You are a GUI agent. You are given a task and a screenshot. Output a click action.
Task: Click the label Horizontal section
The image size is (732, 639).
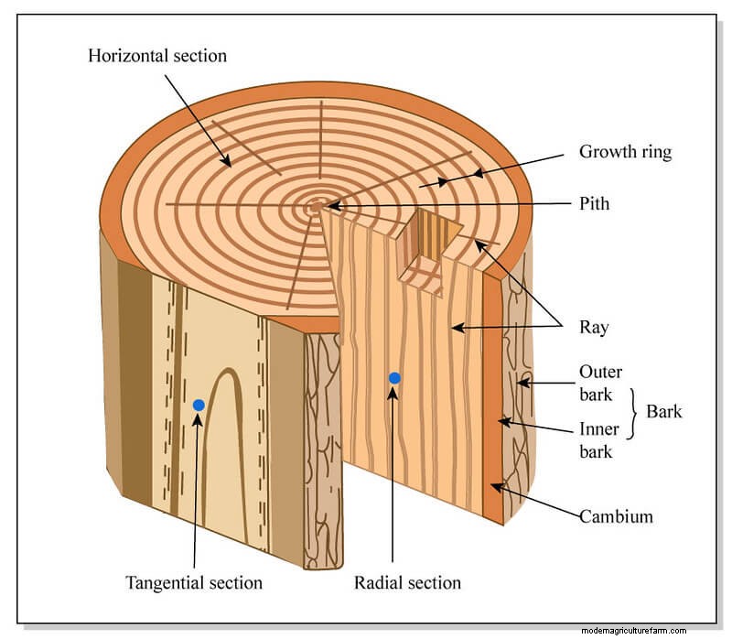pyautogui.click(x=156, y=56)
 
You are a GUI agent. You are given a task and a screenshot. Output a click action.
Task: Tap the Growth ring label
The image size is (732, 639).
pyautogui.click(x=625, y=152)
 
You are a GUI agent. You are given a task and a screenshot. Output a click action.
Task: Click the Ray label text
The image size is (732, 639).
pyautogui.click(x=594, y=327)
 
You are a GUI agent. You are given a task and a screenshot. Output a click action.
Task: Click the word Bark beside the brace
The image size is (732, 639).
pyautogui.click(x=664, y=411)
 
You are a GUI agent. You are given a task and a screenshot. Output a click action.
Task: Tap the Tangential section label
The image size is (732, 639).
pyautogui.click(x=194, y=582)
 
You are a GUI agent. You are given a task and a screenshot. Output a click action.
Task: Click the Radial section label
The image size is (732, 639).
pyautogui.click(x=407, y=582)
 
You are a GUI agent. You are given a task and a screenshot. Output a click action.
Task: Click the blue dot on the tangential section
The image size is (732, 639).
pyautogui.click(x=198, y=405)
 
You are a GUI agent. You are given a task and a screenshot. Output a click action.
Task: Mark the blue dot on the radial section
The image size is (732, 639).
pyautogui.click(x=394, y=378)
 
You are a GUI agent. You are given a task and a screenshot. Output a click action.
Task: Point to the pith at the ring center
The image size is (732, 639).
pyautogui.click(x=317, y=207)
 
